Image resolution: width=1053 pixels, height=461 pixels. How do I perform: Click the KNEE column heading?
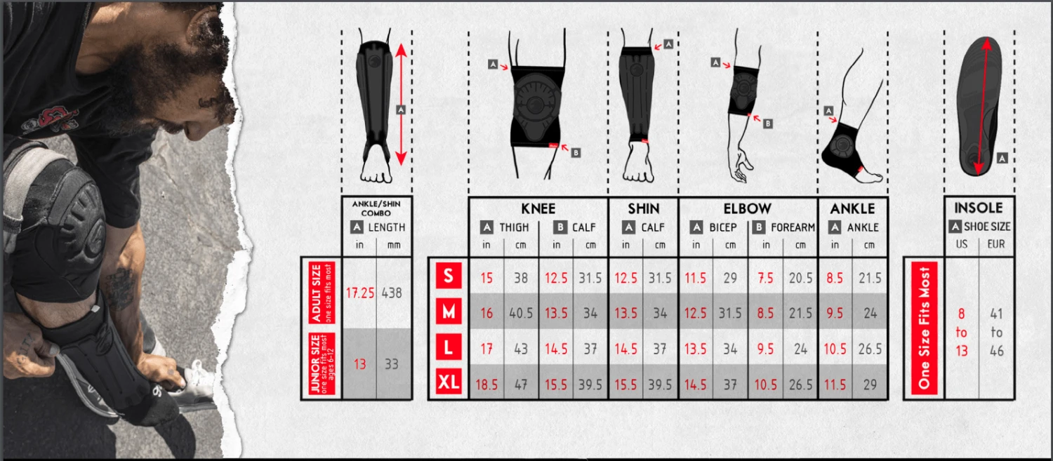(x=538, y=208)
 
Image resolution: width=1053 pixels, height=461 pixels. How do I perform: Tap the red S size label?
(x=449, y=275)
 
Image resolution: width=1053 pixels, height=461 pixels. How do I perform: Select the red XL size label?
(x=449, y=382)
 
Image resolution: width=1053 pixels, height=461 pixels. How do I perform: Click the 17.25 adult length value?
(x=360, y=293)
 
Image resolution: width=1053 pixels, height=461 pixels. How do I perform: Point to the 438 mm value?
(x=392, y=293)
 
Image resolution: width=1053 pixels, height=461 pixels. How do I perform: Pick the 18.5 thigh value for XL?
(x=486, y=385)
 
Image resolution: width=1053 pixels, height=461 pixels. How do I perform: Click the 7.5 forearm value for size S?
(x=765, y=278)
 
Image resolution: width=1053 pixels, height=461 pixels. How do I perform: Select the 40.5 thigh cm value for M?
(x=521, y=313)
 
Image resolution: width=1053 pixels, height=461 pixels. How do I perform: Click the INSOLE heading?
(x=979, y=208)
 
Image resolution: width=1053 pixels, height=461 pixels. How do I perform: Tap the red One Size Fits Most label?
(x=925, y=328)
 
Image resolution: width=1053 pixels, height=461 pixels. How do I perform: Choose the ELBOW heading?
(x=748, y=208)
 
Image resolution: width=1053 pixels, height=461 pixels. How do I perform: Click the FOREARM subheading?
(x=793, y=227)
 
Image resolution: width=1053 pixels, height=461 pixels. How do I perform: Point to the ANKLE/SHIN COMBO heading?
(x=376, y=208)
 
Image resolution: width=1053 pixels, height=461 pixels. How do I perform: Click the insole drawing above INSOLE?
(x=980, y=106)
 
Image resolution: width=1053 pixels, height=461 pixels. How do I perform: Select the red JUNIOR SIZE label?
(x=322, y=363)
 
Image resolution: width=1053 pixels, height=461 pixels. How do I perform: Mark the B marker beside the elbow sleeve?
(x=768, y=123)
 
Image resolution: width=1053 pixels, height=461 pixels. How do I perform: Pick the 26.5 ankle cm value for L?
(x=870, y=349)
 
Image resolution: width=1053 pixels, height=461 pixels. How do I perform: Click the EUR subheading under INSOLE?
(x=995, y=244)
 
